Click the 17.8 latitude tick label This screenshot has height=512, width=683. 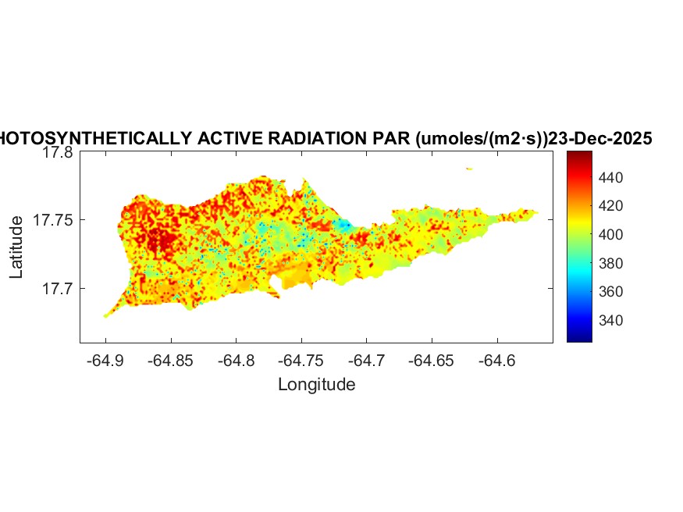[57, 154]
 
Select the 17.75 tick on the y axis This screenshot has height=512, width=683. [53, 221]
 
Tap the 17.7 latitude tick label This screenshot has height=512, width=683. [57, 289]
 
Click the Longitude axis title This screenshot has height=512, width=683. [316, 385]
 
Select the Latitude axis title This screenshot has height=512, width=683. [16, 248]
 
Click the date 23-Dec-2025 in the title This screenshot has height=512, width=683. [599, 139]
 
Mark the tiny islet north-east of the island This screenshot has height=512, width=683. [469, 169]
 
